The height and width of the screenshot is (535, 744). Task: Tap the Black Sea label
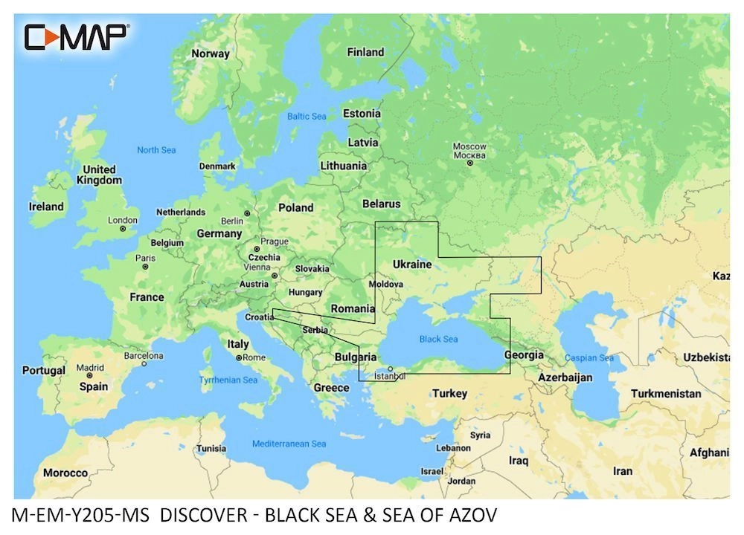click(439, 339)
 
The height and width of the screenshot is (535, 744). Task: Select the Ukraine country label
click(411, 265)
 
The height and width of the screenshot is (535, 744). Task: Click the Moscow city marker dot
click(469, 163)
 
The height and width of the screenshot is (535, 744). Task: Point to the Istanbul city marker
click(391, 369)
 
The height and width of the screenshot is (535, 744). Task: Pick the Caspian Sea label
click(589, 358)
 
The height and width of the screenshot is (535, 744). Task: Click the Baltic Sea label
click(307, 117)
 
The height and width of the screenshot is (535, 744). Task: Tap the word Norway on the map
click(211, 53)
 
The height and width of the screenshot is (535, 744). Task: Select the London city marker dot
click(123, 229)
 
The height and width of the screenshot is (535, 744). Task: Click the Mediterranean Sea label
click(289, 444)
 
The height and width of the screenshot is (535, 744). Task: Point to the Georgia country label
click(524, 355)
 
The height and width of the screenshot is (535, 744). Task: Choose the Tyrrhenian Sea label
click(228, 380)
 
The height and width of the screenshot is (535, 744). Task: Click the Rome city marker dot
click(239, 357)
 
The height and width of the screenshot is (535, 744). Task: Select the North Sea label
click(156, 150)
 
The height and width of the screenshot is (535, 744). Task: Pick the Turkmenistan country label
click(666, 393)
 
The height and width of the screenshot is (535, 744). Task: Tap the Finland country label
click(365, 52)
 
